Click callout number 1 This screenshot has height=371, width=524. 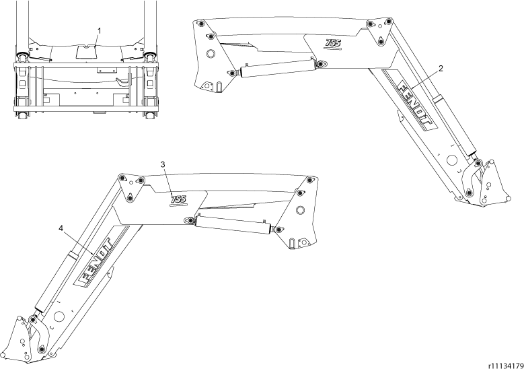coord(99,31)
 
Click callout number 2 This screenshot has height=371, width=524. coord(441,69)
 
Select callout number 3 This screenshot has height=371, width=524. coord(163,164)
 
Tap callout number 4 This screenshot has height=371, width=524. coord(61,228)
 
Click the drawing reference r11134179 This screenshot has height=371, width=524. coord(506,365)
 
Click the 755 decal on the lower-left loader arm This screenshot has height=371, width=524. coord(178,199)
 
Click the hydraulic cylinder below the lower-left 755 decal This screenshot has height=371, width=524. coord(233,224)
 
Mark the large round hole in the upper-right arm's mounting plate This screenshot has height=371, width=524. coord(211,53)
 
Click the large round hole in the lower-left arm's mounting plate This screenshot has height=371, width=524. coord(300,210)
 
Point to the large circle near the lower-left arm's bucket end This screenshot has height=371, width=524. coord(60,316)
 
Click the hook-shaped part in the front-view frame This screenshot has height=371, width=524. coord(124,82)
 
